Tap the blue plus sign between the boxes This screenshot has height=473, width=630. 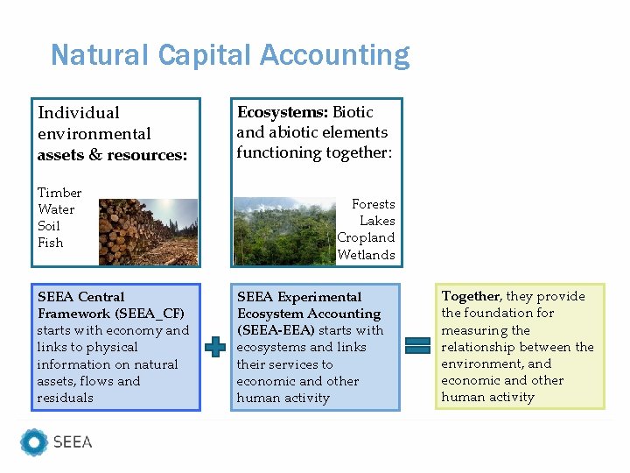214,347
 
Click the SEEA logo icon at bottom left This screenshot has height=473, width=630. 34,442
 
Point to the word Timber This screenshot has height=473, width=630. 59,193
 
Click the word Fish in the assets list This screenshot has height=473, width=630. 51,243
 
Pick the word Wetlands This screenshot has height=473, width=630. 367,255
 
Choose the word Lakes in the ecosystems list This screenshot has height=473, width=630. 377,221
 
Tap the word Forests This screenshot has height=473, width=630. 374,204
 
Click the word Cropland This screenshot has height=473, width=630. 366,237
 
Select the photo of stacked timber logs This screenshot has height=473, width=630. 148,231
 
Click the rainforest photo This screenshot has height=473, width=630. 284,231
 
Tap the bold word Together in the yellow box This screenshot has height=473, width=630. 471,296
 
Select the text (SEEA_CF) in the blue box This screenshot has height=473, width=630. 150,314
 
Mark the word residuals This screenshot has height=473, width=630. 65,398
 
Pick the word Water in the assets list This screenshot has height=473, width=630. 56,209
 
